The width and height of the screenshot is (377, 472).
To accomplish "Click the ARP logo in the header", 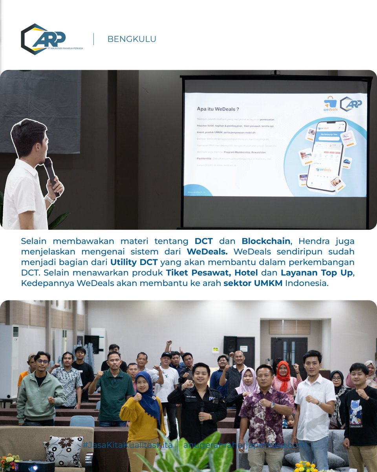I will point(51,39).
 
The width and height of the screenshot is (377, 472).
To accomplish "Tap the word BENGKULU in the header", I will point(132,39).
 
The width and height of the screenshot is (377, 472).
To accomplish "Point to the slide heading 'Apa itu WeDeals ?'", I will point(218,109).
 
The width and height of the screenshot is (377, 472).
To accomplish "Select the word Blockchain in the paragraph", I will point(266,241).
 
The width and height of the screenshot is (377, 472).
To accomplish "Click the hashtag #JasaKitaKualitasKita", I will point(127,445).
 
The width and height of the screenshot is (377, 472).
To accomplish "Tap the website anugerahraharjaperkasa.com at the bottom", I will point(244,445).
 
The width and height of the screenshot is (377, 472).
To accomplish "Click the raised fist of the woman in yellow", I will point(137,396).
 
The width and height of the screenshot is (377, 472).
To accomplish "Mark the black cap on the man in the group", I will point(167,355).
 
